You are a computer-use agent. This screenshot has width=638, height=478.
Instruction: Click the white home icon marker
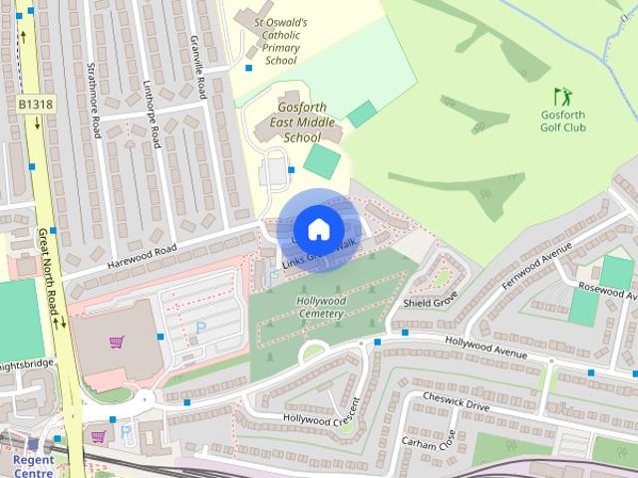point(318,229)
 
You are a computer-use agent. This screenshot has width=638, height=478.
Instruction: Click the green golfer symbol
point(563,97)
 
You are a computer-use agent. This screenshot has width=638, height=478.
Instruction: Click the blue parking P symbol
point(199,326)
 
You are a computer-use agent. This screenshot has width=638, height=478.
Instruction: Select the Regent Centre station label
point(35,467)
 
